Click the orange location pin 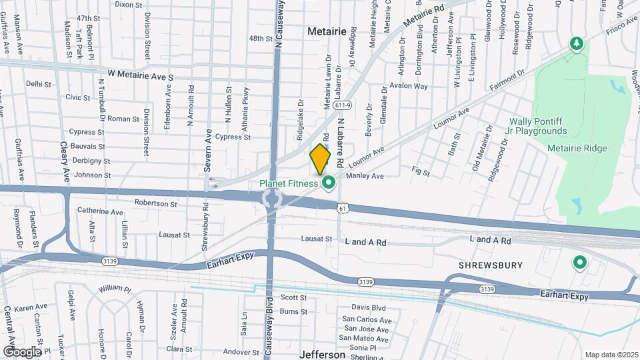321,159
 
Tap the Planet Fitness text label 289,183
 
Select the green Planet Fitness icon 328,183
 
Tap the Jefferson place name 323,355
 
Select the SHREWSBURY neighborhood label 491,265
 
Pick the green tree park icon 576,45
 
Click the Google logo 22,351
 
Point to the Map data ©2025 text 611,355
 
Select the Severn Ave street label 208,149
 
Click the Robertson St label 155,203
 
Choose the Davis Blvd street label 369,307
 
